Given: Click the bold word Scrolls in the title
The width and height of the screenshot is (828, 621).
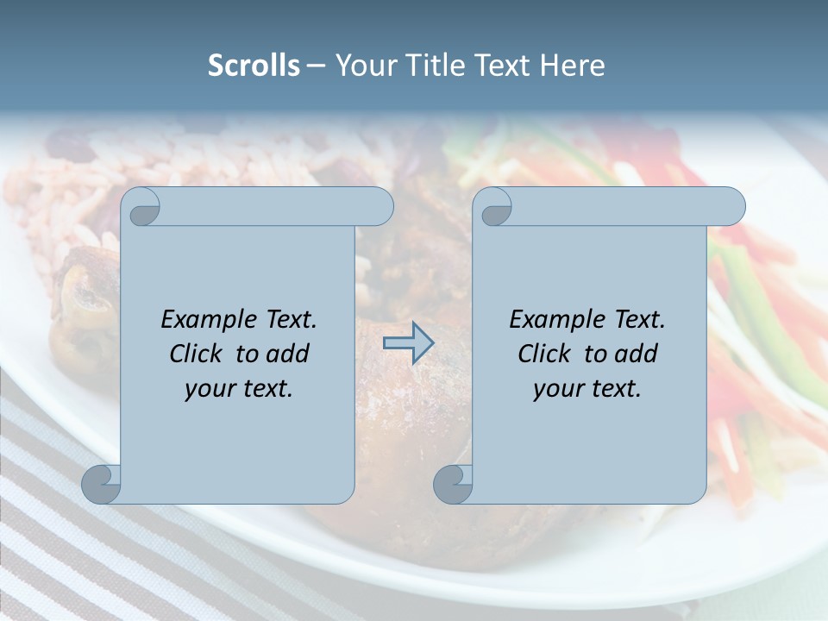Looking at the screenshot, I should point(254,66).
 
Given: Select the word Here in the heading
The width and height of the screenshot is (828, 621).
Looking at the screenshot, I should point(573,66).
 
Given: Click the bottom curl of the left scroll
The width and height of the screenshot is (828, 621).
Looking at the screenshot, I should point(101,484).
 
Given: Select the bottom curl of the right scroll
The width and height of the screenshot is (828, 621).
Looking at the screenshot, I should point(452,484).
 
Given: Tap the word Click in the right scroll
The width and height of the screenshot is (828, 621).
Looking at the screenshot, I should point(544,354).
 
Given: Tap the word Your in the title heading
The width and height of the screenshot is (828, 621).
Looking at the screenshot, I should point(363,66).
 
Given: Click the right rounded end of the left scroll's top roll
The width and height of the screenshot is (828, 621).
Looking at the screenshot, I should point(379,207).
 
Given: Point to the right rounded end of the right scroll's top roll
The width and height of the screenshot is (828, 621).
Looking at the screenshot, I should point(731,207).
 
